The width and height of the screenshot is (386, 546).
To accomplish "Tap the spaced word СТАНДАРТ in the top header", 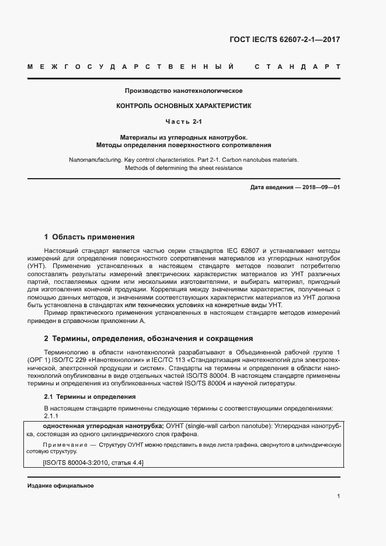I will click(x=297, y=67).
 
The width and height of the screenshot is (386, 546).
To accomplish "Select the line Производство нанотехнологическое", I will click(x=183, y=91).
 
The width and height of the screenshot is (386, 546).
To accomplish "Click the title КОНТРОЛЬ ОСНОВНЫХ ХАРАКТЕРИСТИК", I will click(x=183, y=106).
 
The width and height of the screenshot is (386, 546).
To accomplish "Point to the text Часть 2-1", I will click(x=183, y=121).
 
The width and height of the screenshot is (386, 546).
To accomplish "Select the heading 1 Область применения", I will click(x=89, y=237).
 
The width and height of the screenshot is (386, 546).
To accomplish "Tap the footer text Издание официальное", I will click(x=61, y=486).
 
